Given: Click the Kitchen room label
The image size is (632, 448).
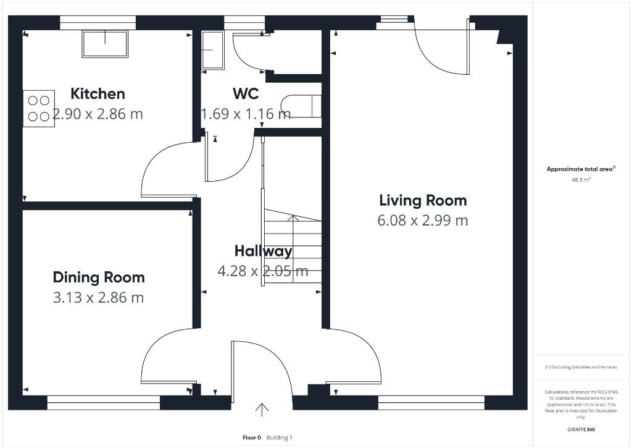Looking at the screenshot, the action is (x=98, y=94).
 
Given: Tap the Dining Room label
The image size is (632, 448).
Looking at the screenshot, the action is (x=99, y=277).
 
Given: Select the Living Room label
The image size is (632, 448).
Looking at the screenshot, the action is (x=423, y=201).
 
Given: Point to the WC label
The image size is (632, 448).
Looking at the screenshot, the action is (x=246, y=94).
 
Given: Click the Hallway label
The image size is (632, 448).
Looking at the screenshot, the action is (x=263, y=251).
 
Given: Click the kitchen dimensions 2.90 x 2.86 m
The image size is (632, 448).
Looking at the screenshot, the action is (x=98, y=114).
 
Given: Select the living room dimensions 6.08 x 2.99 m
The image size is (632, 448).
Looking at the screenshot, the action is (x=423, y=221).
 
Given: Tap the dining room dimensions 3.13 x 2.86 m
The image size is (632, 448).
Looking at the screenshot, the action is (x=98, y=297).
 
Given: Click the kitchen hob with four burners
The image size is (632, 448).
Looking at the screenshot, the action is (x=39, y=109).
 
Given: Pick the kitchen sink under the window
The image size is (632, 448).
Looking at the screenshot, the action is (x=105, y=44).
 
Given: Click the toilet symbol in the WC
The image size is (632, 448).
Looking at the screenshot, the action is (x=301, y=106).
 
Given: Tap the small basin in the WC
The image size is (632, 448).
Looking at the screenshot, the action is (x=212, y=51).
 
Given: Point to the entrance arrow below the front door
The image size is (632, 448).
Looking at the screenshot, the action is (x=262, y=410).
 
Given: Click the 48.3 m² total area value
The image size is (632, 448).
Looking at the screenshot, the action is (x=581, y=180).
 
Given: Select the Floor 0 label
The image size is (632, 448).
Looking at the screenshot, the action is (x=252, y=437).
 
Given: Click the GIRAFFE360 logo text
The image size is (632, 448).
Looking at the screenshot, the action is (x=581, y=429).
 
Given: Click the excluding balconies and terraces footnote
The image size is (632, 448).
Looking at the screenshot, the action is (x=581, y=367).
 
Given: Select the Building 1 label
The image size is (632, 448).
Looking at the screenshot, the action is (x=280, y=437).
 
